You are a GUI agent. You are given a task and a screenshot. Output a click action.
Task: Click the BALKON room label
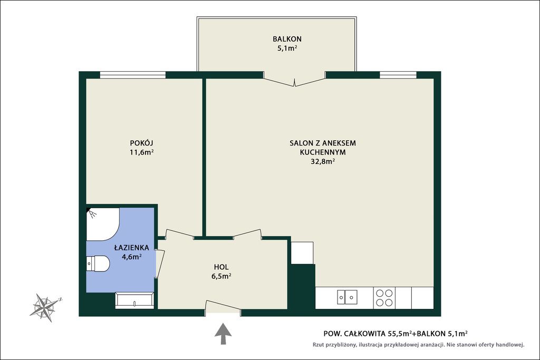(287, 39)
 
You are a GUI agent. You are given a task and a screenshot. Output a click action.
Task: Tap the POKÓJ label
(141, 143)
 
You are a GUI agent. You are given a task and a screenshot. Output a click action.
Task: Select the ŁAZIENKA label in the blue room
(131, 247)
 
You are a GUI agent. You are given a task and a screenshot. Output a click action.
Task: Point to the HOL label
(221, 267)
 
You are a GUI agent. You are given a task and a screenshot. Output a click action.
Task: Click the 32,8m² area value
(323, 161)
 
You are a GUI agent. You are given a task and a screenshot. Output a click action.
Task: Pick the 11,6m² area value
(141, 152)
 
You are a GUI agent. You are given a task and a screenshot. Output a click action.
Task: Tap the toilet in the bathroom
(98, 264)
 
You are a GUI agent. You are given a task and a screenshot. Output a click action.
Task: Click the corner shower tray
(103, 224)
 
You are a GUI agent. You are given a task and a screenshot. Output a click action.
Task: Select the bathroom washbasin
(134, 300)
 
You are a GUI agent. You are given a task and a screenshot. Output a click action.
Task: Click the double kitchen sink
(347, 297)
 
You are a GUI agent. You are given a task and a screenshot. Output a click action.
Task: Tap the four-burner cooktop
(384, 298)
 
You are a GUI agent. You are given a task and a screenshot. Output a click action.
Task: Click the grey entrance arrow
(223, 334)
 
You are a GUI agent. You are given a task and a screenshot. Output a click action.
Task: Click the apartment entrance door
(223, 307)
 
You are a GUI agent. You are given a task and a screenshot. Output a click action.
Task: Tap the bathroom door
(160, 263)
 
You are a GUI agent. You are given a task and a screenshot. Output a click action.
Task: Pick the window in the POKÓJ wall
(132, 75)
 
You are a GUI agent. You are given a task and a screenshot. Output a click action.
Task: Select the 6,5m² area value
(221, 276)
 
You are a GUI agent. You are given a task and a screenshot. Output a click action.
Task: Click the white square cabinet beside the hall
(302, 253)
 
